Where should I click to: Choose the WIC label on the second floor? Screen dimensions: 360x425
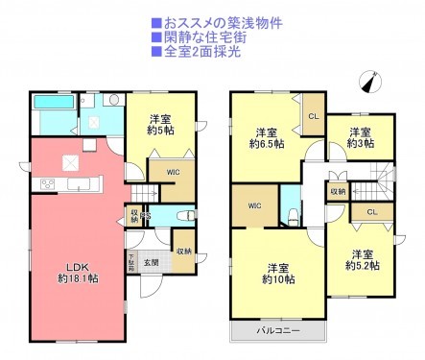pos(254,205)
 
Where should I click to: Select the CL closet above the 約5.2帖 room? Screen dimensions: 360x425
pos(370,211)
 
